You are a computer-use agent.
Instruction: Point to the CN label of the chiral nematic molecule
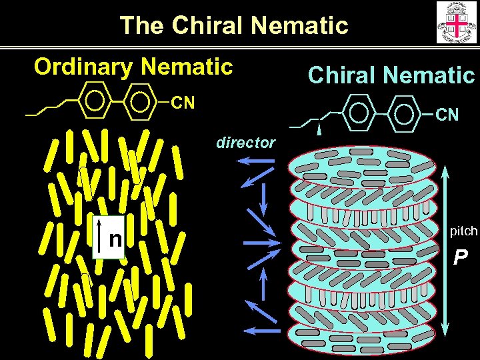(x=447, y=115)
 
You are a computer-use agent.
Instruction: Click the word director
(x=245, y=142)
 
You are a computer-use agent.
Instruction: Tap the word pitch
(x=463, y=231)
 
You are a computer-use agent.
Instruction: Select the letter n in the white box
(x=115, y=238)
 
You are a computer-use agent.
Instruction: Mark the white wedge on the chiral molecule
(x=320, y=129)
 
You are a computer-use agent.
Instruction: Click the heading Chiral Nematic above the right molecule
(x=391, y=75)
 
